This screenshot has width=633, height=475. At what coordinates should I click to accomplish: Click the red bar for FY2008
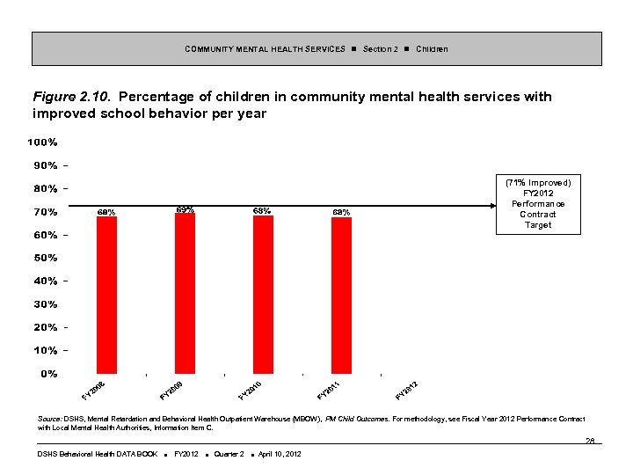106,295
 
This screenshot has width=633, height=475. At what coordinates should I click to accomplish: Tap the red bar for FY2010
263,294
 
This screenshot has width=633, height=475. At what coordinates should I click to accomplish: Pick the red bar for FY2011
341,295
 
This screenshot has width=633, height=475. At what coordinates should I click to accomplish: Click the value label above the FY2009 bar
185,209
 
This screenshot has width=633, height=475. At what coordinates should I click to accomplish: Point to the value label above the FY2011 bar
341,212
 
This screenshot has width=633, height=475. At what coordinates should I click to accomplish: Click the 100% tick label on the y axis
43,142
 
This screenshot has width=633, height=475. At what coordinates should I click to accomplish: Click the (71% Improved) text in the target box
538,182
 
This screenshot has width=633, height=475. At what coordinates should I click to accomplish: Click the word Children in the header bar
432,49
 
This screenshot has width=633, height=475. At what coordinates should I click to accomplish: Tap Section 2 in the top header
381,49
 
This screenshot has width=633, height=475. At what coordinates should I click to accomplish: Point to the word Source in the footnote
50,419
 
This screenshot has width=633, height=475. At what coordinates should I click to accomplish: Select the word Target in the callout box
538,225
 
